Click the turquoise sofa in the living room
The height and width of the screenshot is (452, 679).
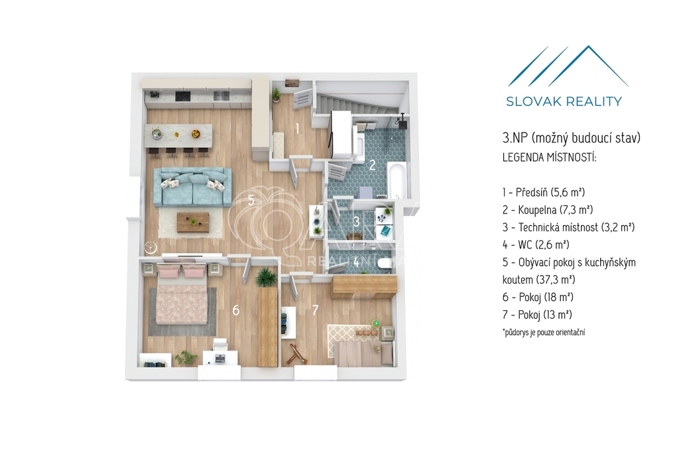[193, 187]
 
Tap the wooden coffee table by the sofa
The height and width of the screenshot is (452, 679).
[193, 222]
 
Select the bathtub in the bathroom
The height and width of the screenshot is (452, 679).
[397, 180]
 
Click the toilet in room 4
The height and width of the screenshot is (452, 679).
[384, 263]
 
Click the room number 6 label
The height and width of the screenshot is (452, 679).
[236, 310]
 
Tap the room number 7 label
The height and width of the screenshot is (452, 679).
[315, 310]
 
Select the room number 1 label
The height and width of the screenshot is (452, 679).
[298, 128]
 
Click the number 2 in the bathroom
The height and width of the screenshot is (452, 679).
[373, 165]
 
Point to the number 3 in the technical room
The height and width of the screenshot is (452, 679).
[356, 221]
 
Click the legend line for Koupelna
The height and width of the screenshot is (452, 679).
[547, 210]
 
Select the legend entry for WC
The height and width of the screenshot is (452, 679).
[536, 245]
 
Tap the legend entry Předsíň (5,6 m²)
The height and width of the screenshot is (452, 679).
[544, 192]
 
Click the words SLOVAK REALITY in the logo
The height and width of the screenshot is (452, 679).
[564, 101]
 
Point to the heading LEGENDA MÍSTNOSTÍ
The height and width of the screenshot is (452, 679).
[549, 157]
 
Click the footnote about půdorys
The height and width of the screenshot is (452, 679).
[544, 332]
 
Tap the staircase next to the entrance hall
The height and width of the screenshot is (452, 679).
[359, 104]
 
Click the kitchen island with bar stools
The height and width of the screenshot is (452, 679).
[178, 139]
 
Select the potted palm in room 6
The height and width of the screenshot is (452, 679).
[265, 276]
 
